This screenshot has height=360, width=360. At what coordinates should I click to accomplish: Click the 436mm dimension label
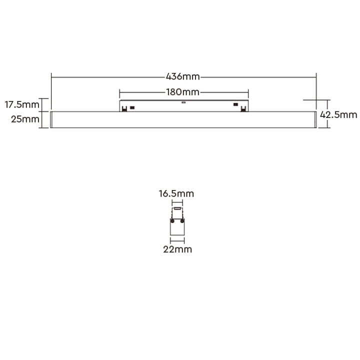(x=183, y=77)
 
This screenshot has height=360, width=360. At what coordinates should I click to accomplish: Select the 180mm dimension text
(x=183, y=92)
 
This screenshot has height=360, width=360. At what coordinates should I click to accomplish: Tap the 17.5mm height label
(x=21, y=105)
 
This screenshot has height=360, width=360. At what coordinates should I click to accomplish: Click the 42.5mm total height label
(x=338, y=114)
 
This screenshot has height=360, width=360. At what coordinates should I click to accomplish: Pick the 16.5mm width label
(x=176, y=193)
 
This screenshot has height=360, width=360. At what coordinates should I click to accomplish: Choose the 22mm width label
(x=177, y=249)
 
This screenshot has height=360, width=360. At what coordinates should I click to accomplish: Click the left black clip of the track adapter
(x=132, y=106)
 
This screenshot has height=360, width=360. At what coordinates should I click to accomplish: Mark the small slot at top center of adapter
(x=183, y=102)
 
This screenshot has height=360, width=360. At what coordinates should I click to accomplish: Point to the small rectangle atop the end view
(x=177, y=209)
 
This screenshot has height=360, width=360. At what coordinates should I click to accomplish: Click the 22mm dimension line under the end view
(x=177, y=240)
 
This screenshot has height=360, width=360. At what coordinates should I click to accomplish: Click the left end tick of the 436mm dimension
(x=51, y=77)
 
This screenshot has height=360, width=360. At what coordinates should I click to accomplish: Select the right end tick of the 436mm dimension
(x=316, y=77)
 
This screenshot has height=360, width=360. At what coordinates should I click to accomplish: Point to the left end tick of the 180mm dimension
(x=119, y=92)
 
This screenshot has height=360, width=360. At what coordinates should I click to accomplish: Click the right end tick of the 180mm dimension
(x=248, y=92)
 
